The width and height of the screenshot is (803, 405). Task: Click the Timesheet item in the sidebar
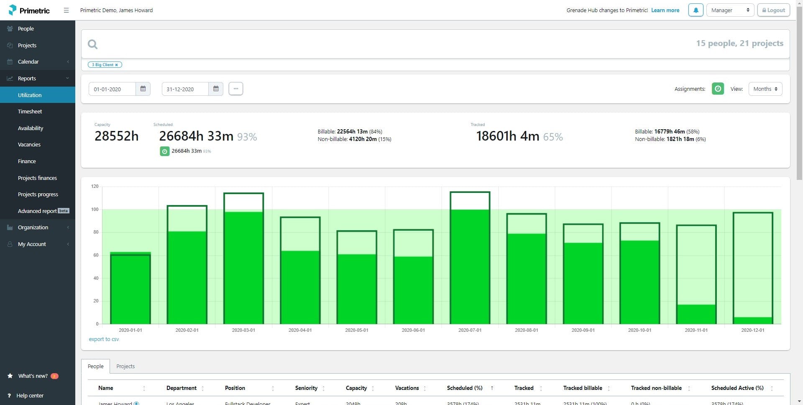30,112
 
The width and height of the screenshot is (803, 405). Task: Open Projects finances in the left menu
37,178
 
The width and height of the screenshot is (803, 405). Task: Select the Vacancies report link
29,145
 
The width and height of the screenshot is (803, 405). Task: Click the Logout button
773,10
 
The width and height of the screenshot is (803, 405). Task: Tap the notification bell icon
696,10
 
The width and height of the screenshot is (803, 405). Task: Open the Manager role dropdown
730,10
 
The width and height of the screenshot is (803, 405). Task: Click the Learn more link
665,10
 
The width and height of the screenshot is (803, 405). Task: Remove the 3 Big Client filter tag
117,65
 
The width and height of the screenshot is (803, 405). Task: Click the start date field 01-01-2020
112,89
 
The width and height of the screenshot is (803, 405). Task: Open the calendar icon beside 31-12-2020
216,89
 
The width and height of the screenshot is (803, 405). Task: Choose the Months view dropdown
765,89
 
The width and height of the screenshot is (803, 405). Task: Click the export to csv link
104,339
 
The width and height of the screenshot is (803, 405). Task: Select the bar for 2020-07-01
470,259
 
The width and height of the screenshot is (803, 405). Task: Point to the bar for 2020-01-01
130,289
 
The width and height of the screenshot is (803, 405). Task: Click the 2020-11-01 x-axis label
696,330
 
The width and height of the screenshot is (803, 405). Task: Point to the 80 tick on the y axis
96,232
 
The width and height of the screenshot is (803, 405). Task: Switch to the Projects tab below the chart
125,366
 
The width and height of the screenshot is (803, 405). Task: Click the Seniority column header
307,388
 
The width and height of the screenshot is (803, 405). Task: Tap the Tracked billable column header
583,388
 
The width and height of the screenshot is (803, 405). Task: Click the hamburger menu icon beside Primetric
66,10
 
